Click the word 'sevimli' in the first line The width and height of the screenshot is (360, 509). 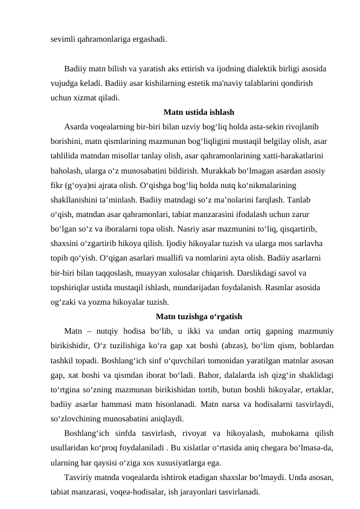pyautogui.click(x=62, y=39)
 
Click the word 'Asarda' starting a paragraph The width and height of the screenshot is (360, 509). pyautogui.click(x=76, y=126)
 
